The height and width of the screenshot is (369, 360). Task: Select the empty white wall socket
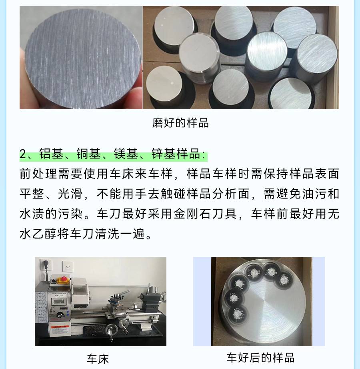coord(68,266)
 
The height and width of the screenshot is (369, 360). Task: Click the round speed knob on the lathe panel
coord(60,315)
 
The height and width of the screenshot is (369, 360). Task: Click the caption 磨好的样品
coord(180,123)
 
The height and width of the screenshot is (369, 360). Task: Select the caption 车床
coord(98,359)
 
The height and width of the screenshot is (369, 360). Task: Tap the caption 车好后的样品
coord(260,357)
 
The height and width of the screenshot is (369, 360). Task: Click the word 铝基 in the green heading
coord(51,154)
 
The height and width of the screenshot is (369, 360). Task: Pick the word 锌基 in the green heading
coord(164,154)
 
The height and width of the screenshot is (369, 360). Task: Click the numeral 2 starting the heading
coord(23,154)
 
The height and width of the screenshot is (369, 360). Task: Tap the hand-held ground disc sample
coord(82,59)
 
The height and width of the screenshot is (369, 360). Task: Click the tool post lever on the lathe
coord(124,293)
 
